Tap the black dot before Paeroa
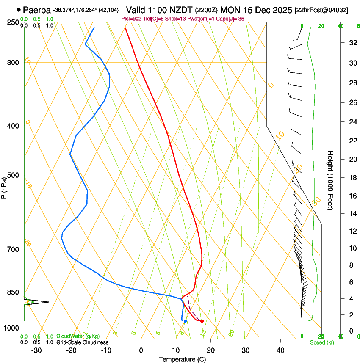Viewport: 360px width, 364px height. [x=19, y=10]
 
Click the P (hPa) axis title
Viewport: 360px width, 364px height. [x=4, y=187]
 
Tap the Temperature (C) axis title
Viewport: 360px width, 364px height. [x=182, y=359]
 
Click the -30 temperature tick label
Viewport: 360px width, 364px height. [x=36, y=350]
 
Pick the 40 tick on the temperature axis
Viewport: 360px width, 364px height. [x=280, y=350]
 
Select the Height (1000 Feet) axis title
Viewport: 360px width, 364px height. [x=330, y=180]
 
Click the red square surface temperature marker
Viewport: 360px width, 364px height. [x=202, y=321]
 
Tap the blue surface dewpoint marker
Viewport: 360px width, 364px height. [x=186, y=321]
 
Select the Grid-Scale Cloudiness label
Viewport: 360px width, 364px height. [x=82, y=342]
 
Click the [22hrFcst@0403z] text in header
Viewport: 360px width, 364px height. [x=321, y=10]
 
